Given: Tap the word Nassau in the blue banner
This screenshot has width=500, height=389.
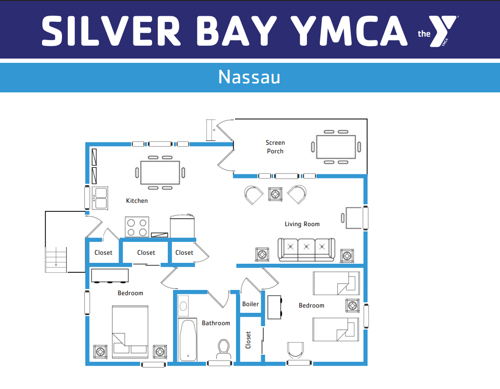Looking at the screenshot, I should point(249,77).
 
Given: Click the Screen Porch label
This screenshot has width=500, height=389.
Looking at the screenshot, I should point(275,147).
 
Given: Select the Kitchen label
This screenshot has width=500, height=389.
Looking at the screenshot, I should point(137,201).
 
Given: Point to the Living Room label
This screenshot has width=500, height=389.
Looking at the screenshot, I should point(302,224).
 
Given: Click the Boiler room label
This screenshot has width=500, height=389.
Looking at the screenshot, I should point(250,304).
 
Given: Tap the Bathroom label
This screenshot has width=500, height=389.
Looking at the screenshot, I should point(215,323).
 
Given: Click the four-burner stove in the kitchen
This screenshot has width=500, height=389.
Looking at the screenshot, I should point(137,227).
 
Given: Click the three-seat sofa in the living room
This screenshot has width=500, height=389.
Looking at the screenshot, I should point(306,249).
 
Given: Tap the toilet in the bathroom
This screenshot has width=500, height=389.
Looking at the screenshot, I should point(223,349).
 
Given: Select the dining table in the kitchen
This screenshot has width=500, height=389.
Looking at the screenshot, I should point(160,172).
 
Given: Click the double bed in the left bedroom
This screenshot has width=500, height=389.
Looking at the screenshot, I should point(130,331).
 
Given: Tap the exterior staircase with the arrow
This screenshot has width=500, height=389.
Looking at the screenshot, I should point(56,259).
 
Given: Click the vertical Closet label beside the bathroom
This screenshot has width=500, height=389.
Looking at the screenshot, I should point(248,340).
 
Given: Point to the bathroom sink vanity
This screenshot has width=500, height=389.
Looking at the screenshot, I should point(183,306).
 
